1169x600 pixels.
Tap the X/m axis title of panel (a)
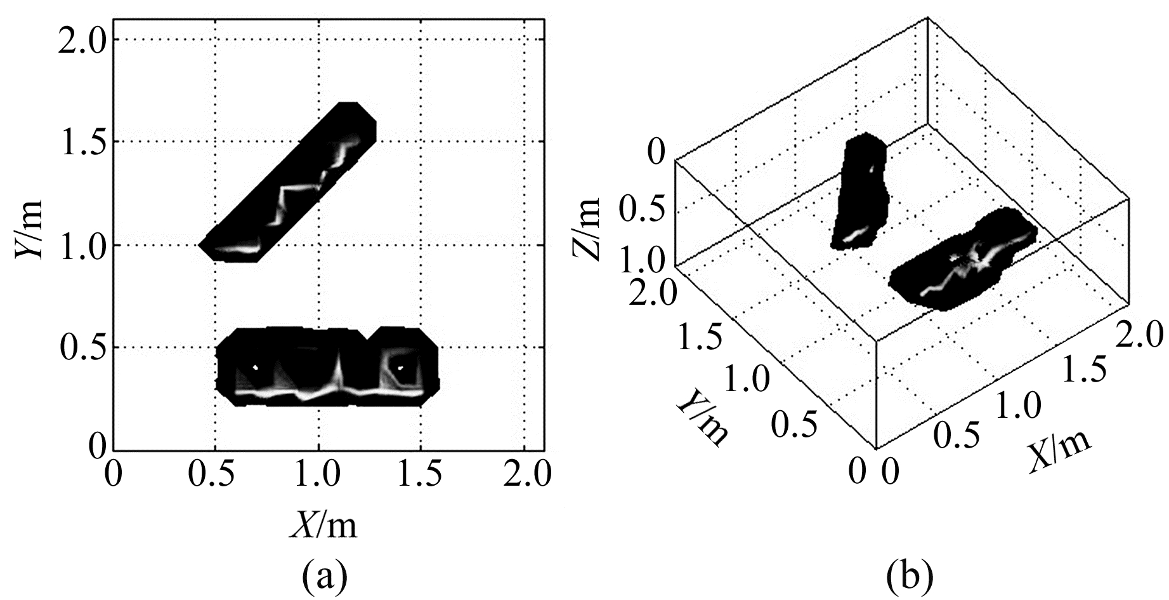[323, 525]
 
